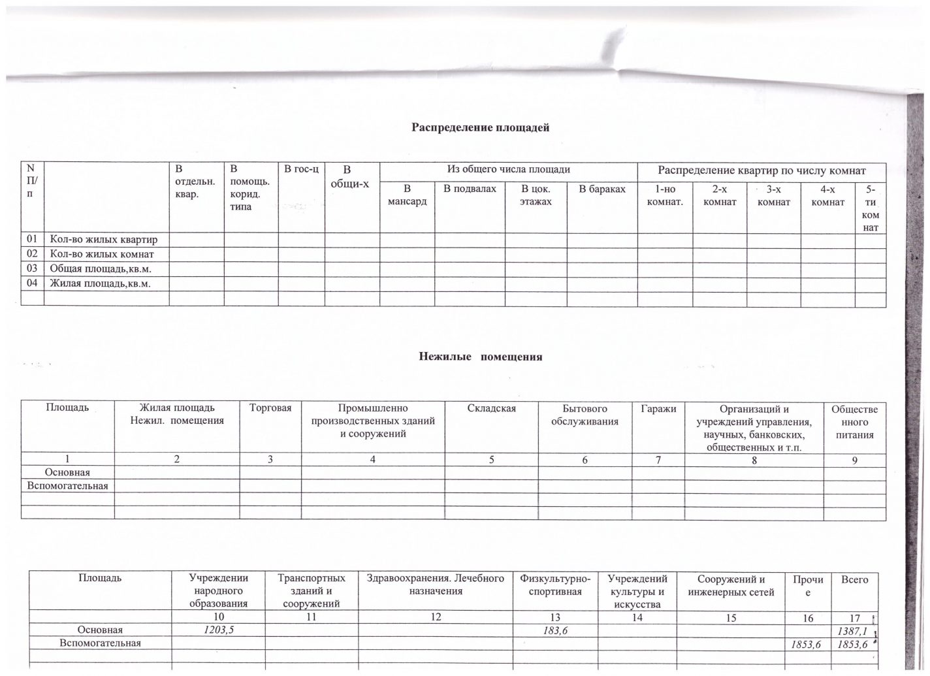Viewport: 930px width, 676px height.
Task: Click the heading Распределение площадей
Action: click(x=480, y=127)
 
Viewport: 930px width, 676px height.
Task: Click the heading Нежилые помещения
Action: click(x=480, y=357)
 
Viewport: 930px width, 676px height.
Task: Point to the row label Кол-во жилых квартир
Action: click(x=104, y=240)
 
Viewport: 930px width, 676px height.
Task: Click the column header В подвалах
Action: click(x=470, y=189)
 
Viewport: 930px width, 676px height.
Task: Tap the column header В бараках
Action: click(x=601, y=189)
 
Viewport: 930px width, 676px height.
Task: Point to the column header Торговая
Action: click(x=270, y=408)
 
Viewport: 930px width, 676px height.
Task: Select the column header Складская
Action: click(x=491, y=408)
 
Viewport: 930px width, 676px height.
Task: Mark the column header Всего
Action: click(x=854, y=579)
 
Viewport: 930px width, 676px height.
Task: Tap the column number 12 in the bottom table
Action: click(x=436, y=617)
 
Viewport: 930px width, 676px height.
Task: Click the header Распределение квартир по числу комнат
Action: click(x=762, y=170)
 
